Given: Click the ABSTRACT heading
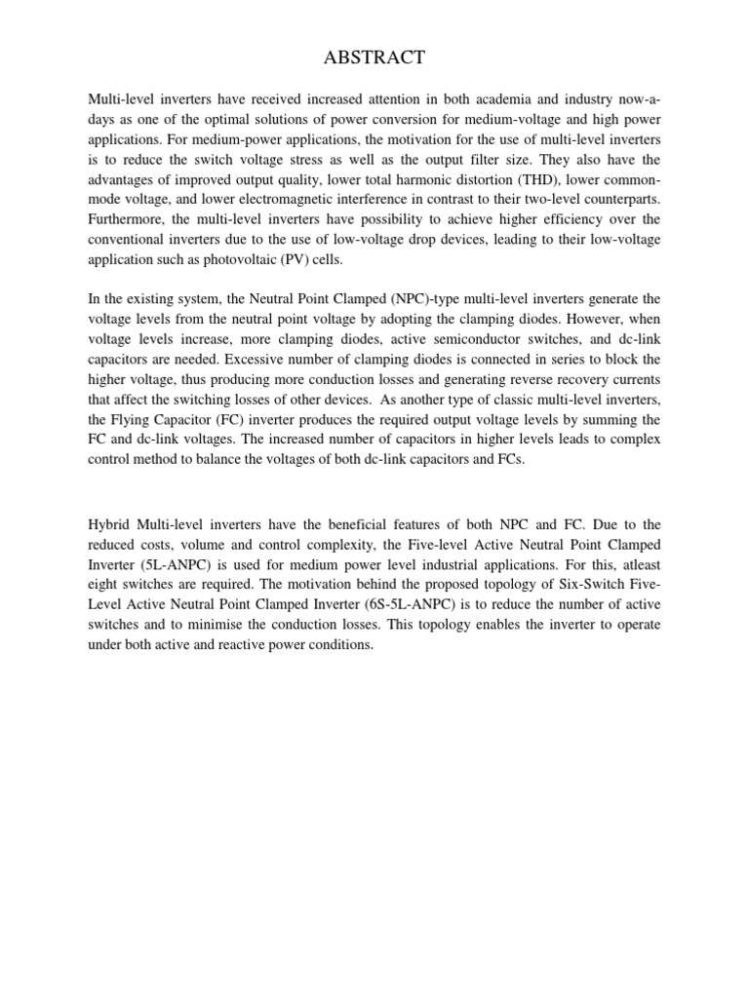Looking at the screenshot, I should (374, 58).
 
